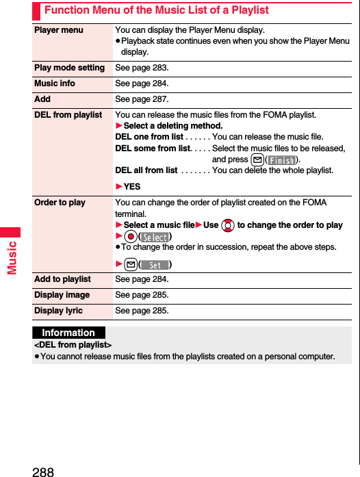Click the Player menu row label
pos(59,30)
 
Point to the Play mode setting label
pos(69,68)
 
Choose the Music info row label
pos(55,83)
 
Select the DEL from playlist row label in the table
pos(68,115)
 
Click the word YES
pos(132,187)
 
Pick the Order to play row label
pos(60,203)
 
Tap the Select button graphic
pos(155,237)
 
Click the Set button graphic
pos(155,265)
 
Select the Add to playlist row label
pos(62,279)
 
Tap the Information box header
pos(68,333)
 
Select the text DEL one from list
pos(149,137)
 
